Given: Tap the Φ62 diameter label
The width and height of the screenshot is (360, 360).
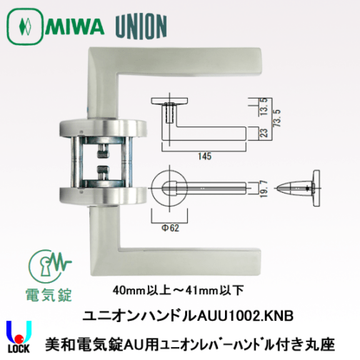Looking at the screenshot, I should [x=171, y=229].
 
